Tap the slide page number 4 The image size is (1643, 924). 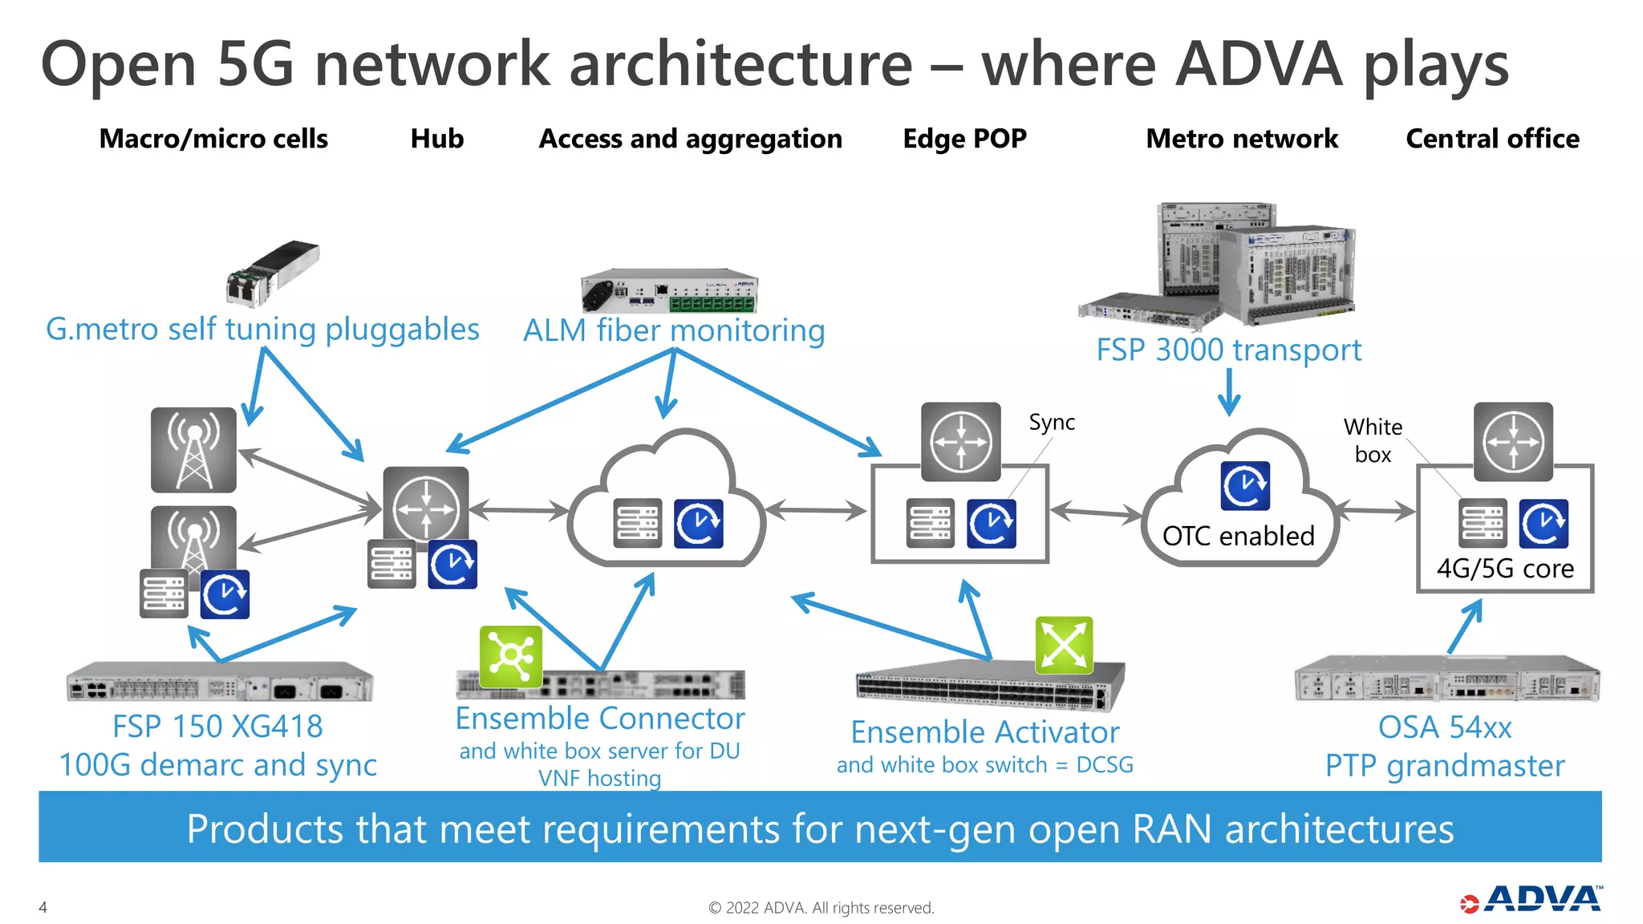pyautogui.click(x=43, y=907)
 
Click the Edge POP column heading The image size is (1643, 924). pyautogui.click(x=964, y=139)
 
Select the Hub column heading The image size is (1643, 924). pyautogui.click(x=436, y=139)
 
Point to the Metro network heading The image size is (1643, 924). pyautogui.click(x=1241, y=139)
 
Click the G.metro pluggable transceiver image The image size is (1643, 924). pyautogui.click(x=272, y=273)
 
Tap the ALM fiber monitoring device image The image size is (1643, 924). pyautogui.click(x=669, y=291)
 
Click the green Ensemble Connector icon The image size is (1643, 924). pyautogui.click(x=511, y=656)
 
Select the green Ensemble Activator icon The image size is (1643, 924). pyautogui.click(x=1064, y=645)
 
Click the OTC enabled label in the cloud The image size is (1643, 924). pyautogui.click(x=1238, y=536)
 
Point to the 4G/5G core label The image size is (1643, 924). pyautogui.click(x=1504, y=568)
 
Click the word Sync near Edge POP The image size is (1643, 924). pyautogui.click(x=1051, y=423)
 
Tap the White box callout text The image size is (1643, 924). pyautogui.click(x=1373, y=440)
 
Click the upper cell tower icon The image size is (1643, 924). pyautogui.click(x=193, y=449)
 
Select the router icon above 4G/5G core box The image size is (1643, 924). pyautogui.click(x=1512, y=442)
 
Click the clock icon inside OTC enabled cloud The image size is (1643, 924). pyautogui.click(x=1245, y=486)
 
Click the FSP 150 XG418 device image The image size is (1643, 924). pyautogui.click(x=219, y=683)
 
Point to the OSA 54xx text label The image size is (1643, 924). pyautogui.click(x=1444, y=727)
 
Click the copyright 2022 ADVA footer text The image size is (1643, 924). pyautogui.click(x=821, y=907)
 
